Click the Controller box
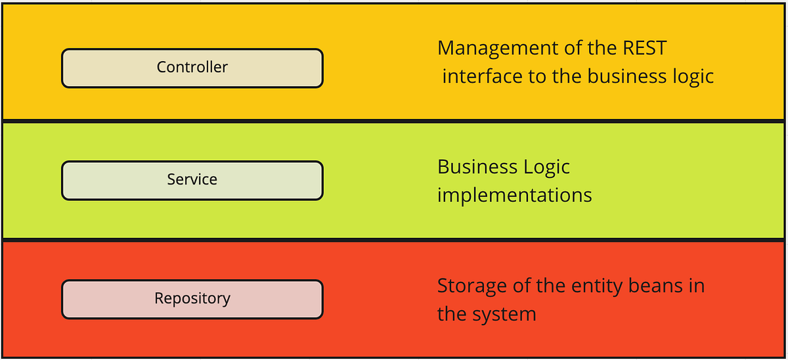(x=192, y=68)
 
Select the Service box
(x=192, y=180)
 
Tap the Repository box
(x=192, y=299)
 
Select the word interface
(x=482, y=77)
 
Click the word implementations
(x=514, y=195)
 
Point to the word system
(x=505, y=315)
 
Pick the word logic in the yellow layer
(x=695, y=77)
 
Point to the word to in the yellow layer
(x=537, y=77)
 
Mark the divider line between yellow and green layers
(x=394, y=121)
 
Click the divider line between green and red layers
(x=394, y=240)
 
